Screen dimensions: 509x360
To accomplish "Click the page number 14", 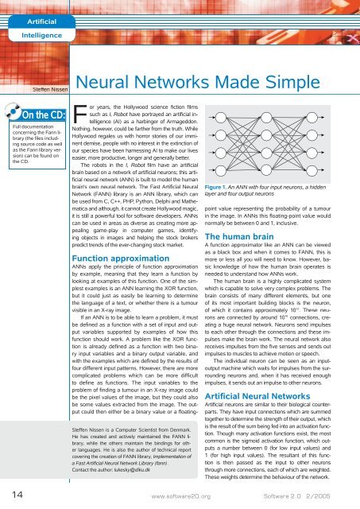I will [13, 495].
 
